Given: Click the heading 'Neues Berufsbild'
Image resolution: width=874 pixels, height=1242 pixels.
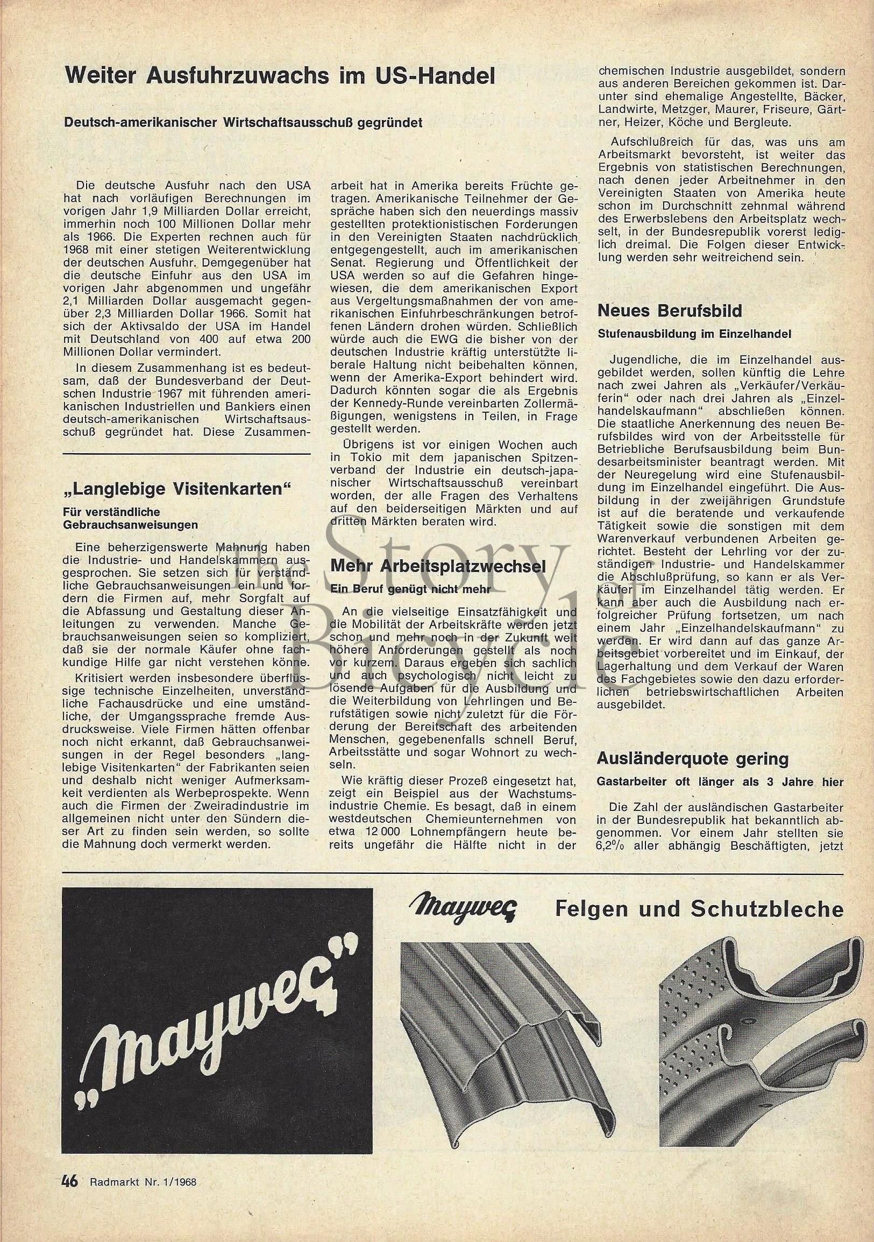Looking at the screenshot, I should point(669,311).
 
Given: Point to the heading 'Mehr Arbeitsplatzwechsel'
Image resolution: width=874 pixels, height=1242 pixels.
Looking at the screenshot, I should point(438,566).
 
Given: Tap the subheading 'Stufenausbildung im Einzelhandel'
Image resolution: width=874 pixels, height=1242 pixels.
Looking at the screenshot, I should point(694,334).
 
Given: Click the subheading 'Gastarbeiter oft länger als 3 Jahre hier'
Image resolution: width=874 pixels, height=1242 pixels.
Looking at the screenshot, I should point(720,782).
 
